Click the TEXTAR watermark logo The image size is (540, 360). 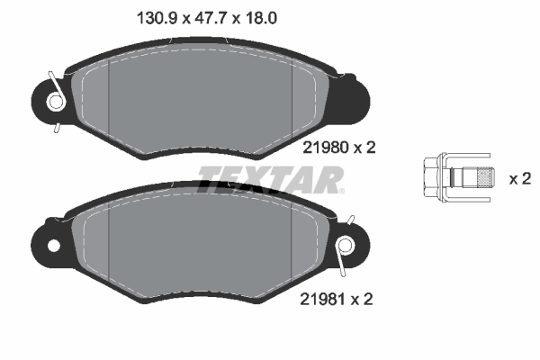270,180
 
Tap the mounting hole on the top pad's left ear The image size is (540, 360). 56,102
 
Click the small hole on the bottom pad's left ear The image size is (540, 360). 53,245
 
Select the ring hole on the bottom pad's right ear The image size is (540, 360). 345,245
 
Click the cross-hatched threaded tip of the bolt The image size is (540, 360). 484,178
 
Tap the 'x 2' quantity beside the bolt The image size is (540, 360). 519,178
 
